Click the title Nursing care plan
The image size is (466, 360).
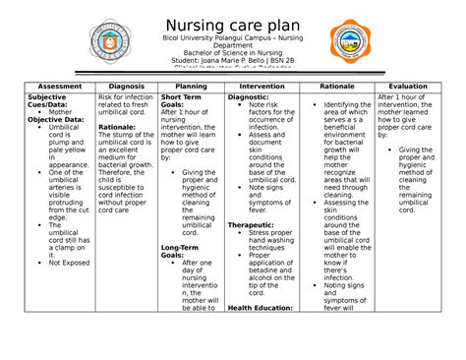[233, 21]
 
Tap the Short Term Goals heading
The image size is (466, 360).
[183, 102]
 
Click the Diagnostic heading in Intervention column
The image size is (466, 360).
[250, 98]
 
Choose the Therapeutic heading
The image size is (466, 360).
[253, 223]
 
